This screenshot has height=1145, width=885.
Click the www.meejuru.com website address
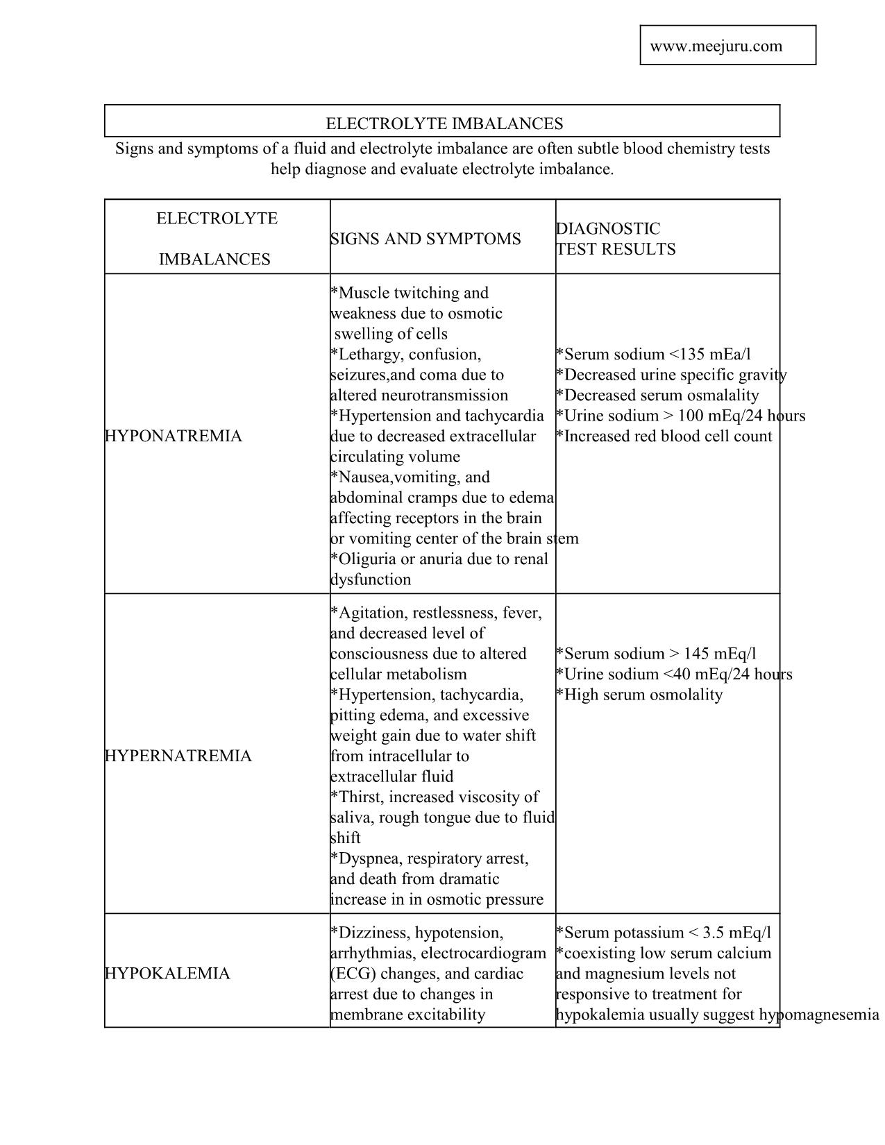point(716,46)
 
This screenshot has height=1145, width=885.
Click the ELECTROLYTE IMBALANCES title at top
point(444,124)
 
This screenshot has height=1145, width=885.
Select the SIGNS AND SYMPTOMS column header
point(425,239)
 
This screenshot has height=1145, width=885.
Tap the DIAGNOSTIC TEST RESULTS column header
point(615,239)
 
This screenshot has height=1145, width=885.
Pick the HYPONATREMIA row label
point(174,436)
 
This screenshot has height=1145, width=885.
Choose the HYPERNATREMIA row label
point(178,756)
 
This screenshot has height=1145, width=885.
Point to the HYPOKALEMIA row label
point(167,974)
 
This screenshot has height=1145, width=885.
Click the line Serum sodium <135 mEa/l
point(654,354)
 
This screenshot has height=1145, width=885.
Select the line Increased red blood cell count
point(664,436)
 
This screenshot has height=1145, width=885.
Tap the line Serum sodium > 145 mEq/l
point(657,654)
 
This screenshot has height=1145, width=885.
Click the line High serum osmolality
point(640,695)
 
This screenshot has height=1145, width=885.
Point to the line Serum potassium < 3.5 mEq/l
point(664,933)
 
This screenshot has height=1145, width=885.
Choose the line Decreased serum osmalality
point(658,395)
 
